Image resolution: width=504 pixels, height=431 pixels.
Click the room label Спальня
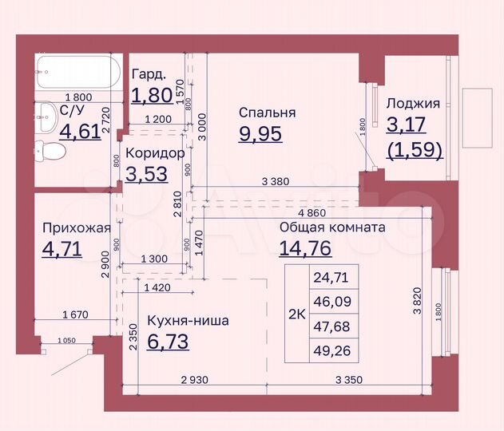(x=267, y=113)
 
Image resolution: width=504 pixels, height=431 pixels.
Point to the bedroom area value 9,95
(x=260, y=132)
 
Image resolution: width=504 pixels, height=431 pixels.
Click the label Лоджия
(x=413, y=104)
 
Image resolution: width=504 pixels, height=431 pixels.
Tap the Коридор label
(x=155, y=152)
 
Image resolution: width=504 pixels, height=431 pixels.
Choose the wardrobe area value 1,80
(x=151, y=96)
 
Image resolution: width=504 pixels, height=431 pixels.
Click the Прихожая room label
(x=76, y=227)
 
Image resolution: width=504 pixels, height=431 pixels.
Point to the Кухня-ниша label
(x=188, y=321)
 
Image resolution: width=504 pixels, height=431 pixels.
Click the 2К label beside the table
(x=296, y=314)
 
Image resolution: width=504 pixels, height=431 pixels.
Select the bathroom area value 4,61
(x=80, y=130)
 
